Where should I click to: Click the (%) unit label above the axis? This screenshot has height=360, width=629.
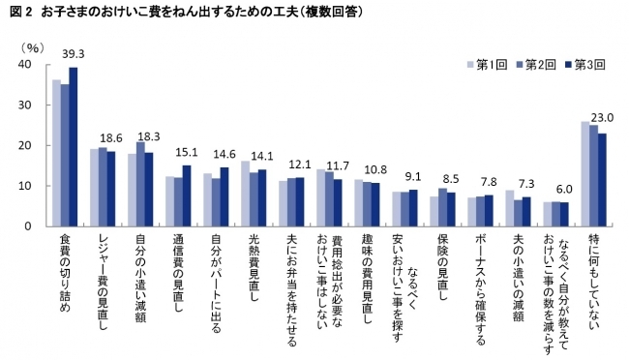[x=32, y=45]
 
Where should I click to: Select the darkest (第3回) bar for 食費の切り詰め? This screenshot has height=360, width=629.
[x=73, y=146]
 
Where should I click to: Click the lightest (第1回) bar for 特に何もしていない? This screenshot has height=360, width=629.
[x=585, y=173]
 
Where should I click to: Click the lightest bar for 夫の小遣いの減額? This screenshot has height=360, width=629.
[x=509, y=208]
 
